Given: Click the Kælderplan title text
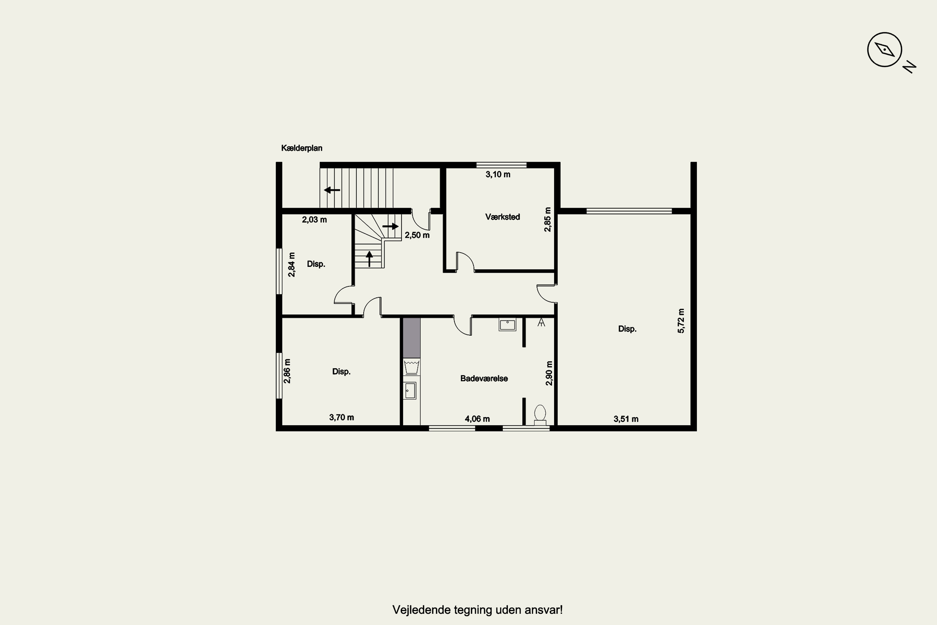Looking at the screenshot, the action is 302,148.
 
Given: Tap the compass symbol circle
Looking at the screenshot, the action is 885,50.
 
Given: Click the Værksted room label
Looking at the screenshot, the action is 502,217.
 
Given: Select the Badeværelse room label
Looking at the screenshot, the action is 484,378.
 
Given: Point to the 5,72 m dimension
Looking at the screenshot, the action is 681,321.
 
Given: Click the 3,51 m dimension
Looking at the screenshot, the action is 626,419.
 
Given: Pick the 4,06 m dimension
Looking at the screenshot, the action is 477,419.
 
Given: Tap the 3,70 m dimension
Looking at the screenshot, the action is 341,417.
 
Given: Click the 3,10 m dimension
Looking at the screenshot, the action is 498,174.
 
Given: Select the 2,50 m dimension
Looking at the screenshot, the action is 417,235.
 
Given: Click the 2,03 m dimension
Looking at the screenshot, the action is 314,220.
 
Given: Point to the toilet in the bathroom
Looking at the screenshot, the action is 540,415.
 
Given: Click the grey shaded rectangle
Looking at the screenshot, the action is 412,337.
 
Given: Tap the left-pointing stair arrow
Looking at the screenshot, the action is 332,190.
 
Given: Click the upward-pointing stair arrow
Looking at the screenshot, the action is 369,259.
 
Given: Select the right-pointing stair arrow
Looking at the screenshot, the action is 390,226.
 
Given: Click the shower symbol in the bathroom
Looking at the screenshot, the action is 541,322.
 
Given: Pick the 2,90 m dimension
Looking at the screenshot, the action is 549,373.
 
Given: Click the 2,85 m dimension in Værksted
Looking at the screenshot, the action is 548,220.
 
